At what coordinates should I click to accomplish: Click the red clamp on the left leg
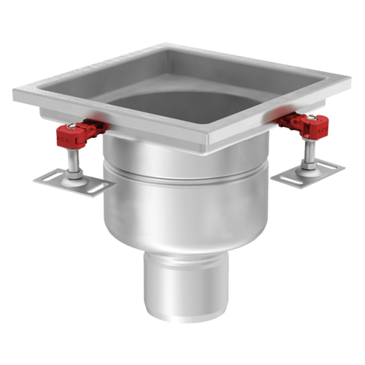pyautogui.click(x=74, y=134)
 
